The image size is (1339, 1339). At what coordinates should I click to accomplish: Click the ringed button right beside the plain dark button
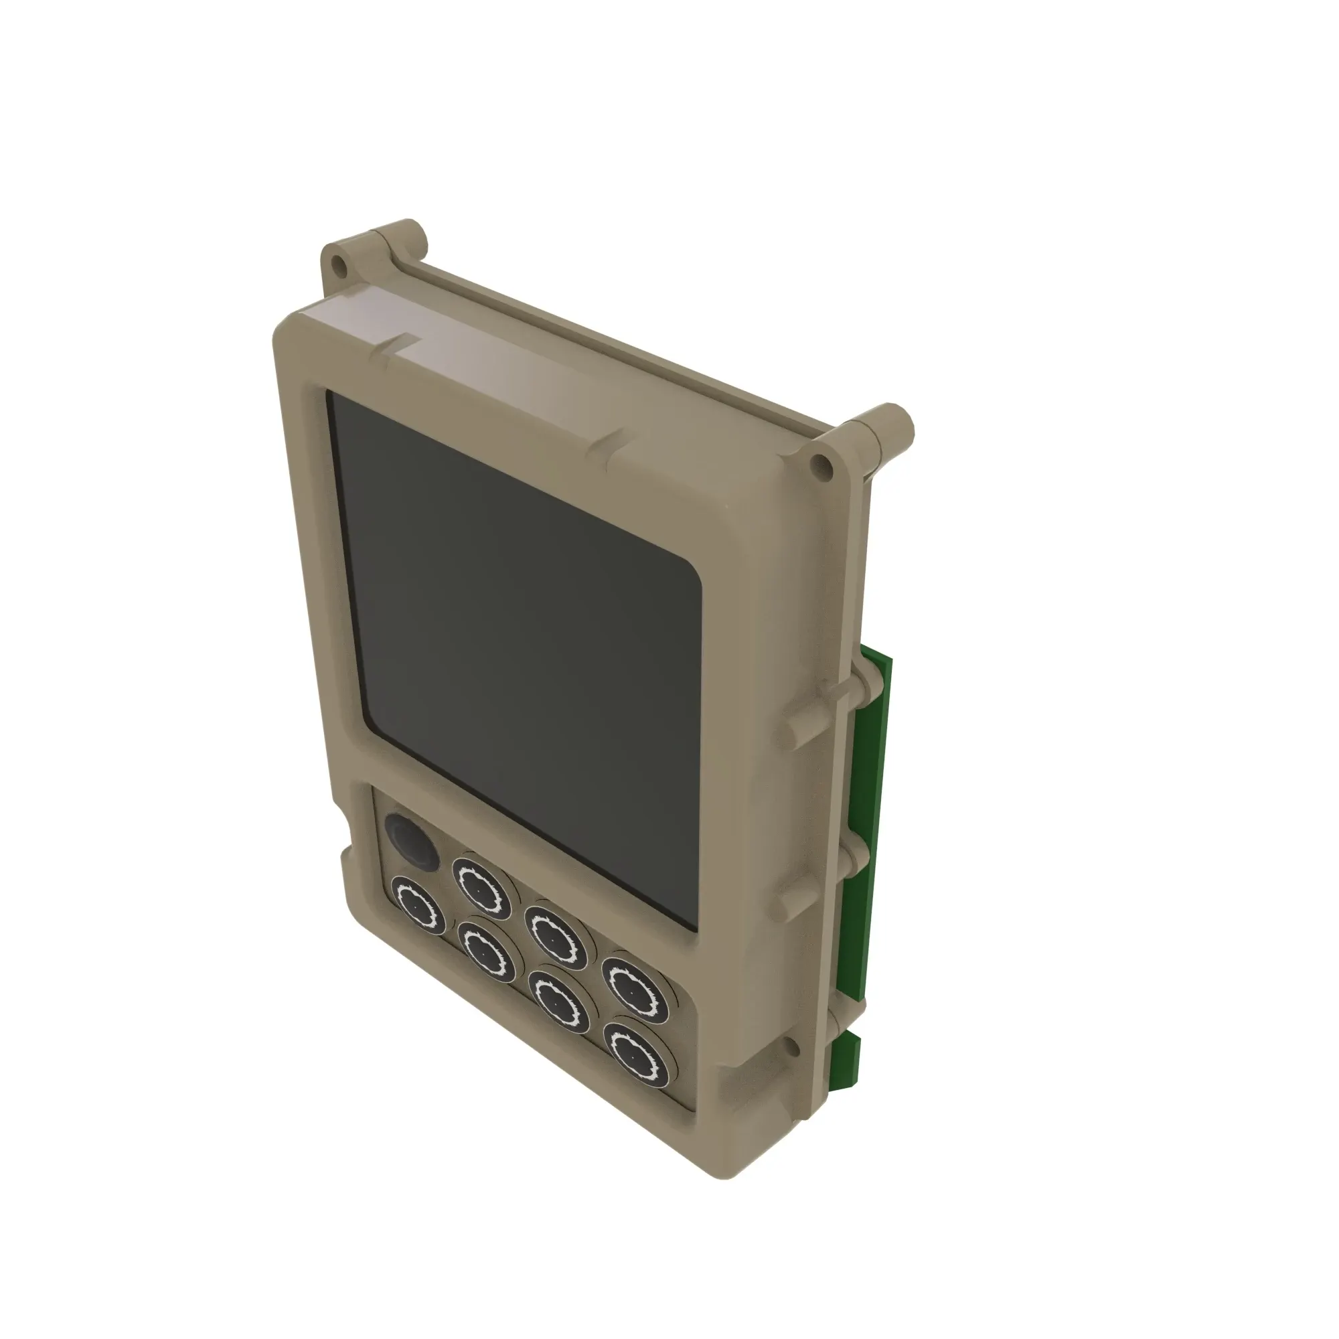pyautogui.click(x=481, y=886)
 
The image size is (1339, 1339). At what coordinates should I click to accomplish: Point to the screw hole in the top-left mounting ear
pyautogui.click(x=337, y=263)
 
